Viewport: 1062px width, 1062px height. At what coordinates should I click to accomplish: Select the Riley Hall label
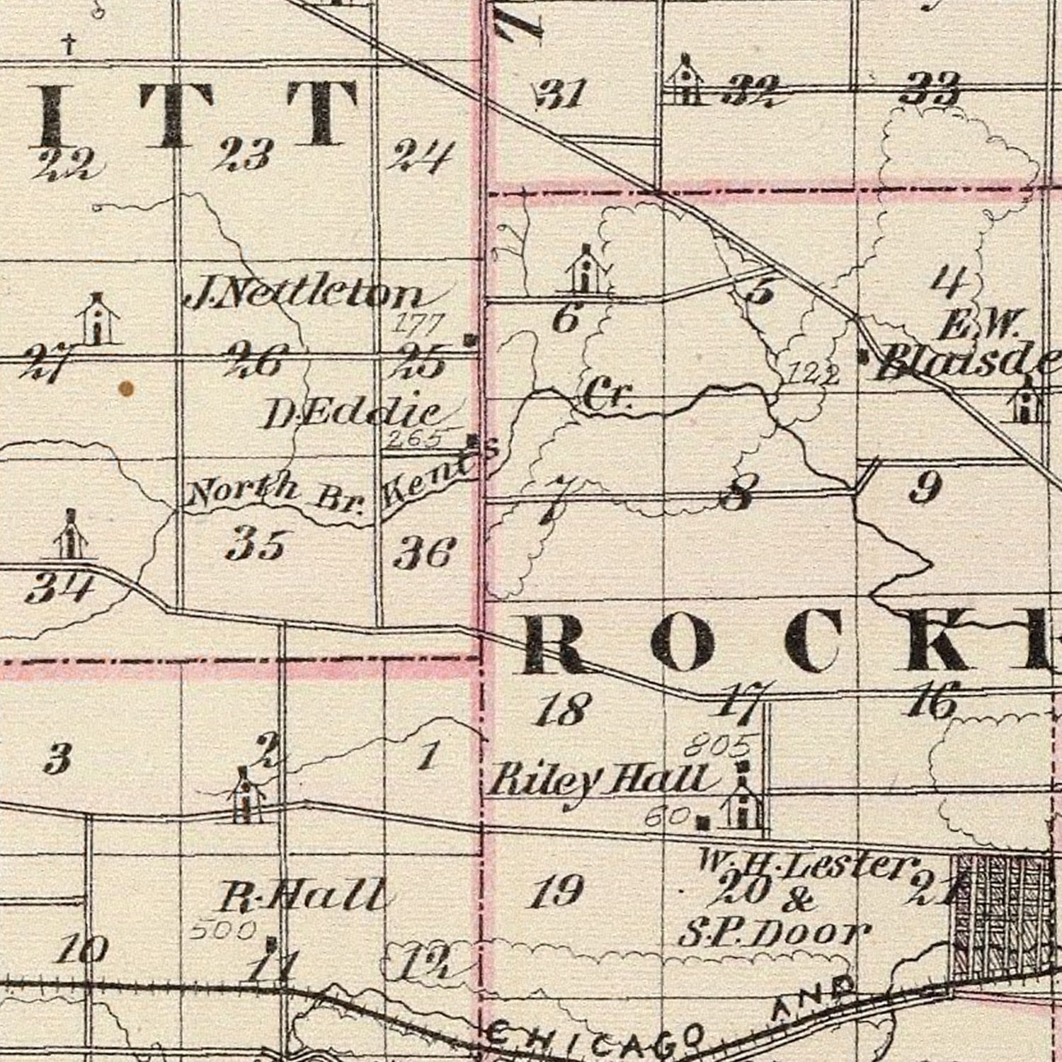click(598, 780)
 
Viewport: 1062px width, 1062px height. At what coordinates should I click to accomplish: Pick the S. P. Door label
click(773, 934)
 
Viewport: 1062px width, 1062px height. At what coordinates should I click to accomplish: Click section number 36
click(424, 553)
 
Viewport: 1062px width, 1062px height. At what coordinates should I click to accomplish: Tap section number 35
click(256, 544)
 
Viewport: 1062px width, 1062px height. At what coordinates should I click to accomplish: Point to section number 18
click(564, 709)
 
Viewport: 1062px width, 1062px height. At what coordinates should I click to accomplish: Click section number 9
click(926, 488)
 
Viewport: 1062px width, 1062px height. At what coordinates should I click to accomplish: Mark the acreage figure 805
click(718, 745)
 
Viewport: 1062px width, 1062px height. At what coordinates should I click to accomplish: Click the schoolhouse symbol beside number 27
click(97, 319)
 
